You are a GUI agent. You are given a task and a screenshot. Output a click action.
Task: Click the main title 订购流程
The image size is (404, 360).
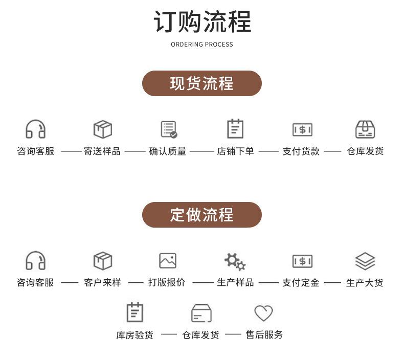pos(202,21)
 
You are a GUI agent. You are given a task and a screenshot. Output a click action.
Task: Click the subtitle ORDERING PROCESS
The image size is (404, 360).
pos(202,44)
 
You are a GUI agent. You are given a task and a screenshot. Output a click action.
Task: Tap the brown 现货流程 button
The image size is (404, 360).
pos(202,83)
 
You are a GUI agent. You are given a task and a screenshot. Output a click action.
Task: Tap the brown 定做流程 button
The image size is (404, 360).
pos(202,215)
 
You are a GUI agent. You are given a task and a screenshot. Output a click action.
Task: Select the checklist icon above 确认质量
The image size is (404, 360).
pos(169,129)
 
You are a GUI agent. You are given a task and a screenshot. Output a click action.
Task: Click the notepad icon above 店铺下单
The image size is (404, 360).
pos(235,128)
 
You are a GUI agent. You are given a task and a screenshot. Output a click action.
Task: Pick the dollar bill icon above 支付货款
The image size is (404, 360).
pos(302,129)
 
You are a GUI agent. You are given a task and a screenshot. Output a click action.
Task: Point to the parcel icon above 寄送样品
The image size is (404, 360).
pos(103,129)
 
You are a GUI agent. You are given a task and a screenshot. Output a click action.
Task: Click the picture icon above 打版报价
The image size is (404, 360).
pos(168,260)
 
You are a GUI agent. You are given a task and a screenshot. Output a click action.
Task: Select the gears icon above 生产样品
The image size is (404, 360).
pos(235,261)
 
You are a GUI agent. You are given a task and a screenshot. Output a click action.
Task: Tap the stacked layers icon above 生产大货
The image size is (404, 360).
pos(365,261)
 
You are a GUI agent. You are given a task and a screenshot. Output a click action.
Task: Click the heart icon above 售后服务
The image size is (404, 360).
pos(263,313)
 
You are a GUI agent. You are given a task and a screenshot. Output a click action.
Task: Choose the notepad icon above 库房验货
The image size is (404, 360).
pos(135,312)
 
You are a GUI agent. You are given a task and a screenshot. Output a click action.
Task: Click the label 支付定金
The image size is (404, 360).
pos(301,283)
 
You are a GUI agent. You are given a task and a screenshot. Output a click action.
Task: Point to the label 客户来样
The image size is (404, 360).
pos(102,283)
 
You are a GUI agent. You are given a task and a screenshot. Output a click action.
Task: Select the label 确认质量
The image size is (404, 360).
pos(167,151)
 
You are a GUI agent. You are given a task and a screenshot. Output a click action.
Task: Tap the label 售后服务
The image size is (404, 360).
pos(264,335)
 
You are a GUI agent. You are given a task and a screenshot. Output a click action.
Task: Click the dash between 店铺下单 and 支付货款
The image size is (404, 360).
pos(268,151)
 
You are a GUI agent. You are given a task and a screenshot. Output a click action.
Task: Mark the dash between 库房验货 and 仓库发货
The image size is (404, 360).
pos(169,335)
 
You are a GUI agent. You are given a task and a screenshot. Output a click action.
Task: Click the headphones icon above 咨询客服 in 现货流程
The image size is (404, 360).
pos(36,129)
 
